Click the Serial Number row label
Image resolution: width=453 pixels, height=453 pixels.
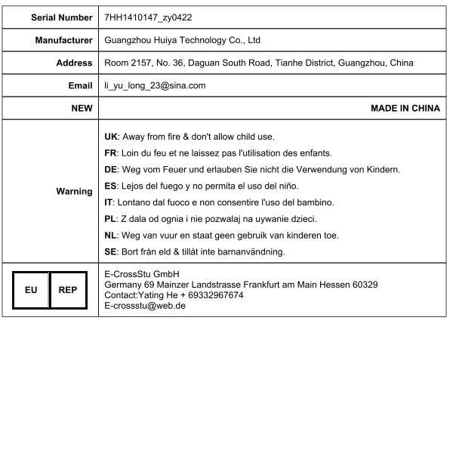62,17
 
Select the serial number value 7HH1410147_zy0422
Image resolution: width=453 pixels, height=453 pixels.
148,17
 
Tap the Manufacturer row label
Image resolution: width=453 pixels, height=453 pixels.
64,40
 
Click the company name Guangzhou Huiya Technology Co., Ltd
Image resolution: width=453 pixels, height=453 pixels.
182,40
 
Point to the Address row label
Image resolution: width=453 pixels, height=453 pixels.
74,63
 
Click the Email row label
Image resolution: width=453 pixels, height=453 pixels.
80,85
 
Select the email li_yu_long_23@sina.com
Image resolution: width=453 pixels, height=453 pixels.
155,85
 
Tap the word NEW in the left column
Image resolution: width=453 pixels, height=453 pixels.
82,108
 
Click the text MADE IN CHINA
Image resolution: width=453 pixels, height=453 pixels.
405,108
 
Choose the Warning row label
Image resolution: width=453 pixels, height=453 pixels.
74,191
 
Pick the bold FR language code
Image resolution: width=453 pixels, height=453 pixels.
110,153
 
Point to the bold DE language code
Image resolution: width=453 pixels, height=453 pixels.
110,169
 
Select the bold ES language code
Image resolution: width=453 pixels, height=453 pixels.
110,186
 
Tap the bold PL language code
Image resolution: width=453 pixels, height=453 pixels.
110,219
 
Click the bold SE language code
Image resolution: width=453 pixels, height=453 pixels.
110,251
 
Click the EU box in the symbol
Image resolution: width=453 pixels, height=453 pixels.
31,289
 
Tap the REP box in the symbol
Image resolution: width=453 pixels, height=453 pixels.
68,289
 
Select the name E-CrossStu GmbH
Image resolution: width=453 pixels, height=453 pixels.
140,273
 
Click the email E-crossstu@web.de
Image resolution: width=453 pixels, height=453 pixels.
145,306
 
